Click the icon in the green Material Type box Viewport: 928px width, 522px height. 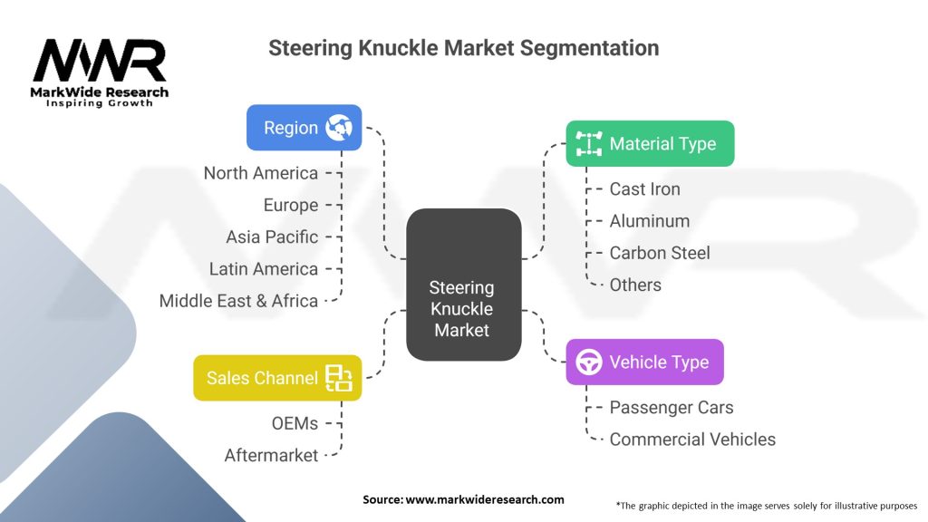coord(590,144)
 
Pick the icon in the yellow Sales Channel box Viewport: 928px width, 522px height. coord(340,378)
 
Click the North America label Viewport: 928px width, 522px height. coord(261,173)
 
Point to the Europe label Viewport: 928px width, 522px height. coord(291,205)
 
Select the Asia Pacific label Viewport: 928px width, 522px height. coord(272,237)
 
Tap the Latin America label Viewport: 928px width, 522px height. coord(264,269)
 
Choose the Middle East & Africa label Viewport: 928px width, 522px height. coord(238,301)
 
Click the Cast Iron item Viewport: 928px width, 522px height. coord(644,189)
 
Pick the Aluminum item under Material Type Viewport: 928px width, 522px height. coord(649,221)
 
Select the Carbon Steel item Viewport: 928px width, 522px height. coord(660,253)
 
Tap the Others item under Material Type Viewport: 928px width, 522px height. coord(635,285)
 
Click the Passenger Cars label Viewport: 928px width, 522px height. coord(672,408)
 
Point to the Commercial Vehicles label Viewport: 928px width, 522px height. coord(692,440)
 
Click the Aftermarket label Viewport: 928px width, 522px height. coord(272,455)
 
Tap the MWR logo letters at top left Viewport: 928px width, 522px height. coord(100,61)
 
